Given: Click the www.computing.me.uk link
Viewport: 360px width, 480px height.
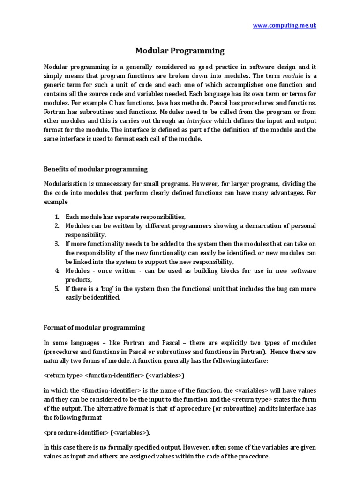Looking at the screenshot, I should tap(285, 26).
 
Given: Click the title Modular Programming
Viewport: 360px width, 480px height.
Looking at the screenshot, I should tap(180, 51).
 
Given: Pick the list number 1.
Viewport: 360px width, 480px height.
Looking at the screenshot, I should tap(56, 217).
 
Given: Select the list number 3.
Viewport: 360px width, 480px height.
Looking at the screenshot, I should tap(56, 244).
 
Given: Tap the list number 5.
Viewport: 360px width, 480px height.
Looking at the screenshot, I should tap(56, 288).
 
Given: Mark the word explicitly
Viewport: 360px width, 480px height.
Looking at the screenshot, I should tap(219, 343).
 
